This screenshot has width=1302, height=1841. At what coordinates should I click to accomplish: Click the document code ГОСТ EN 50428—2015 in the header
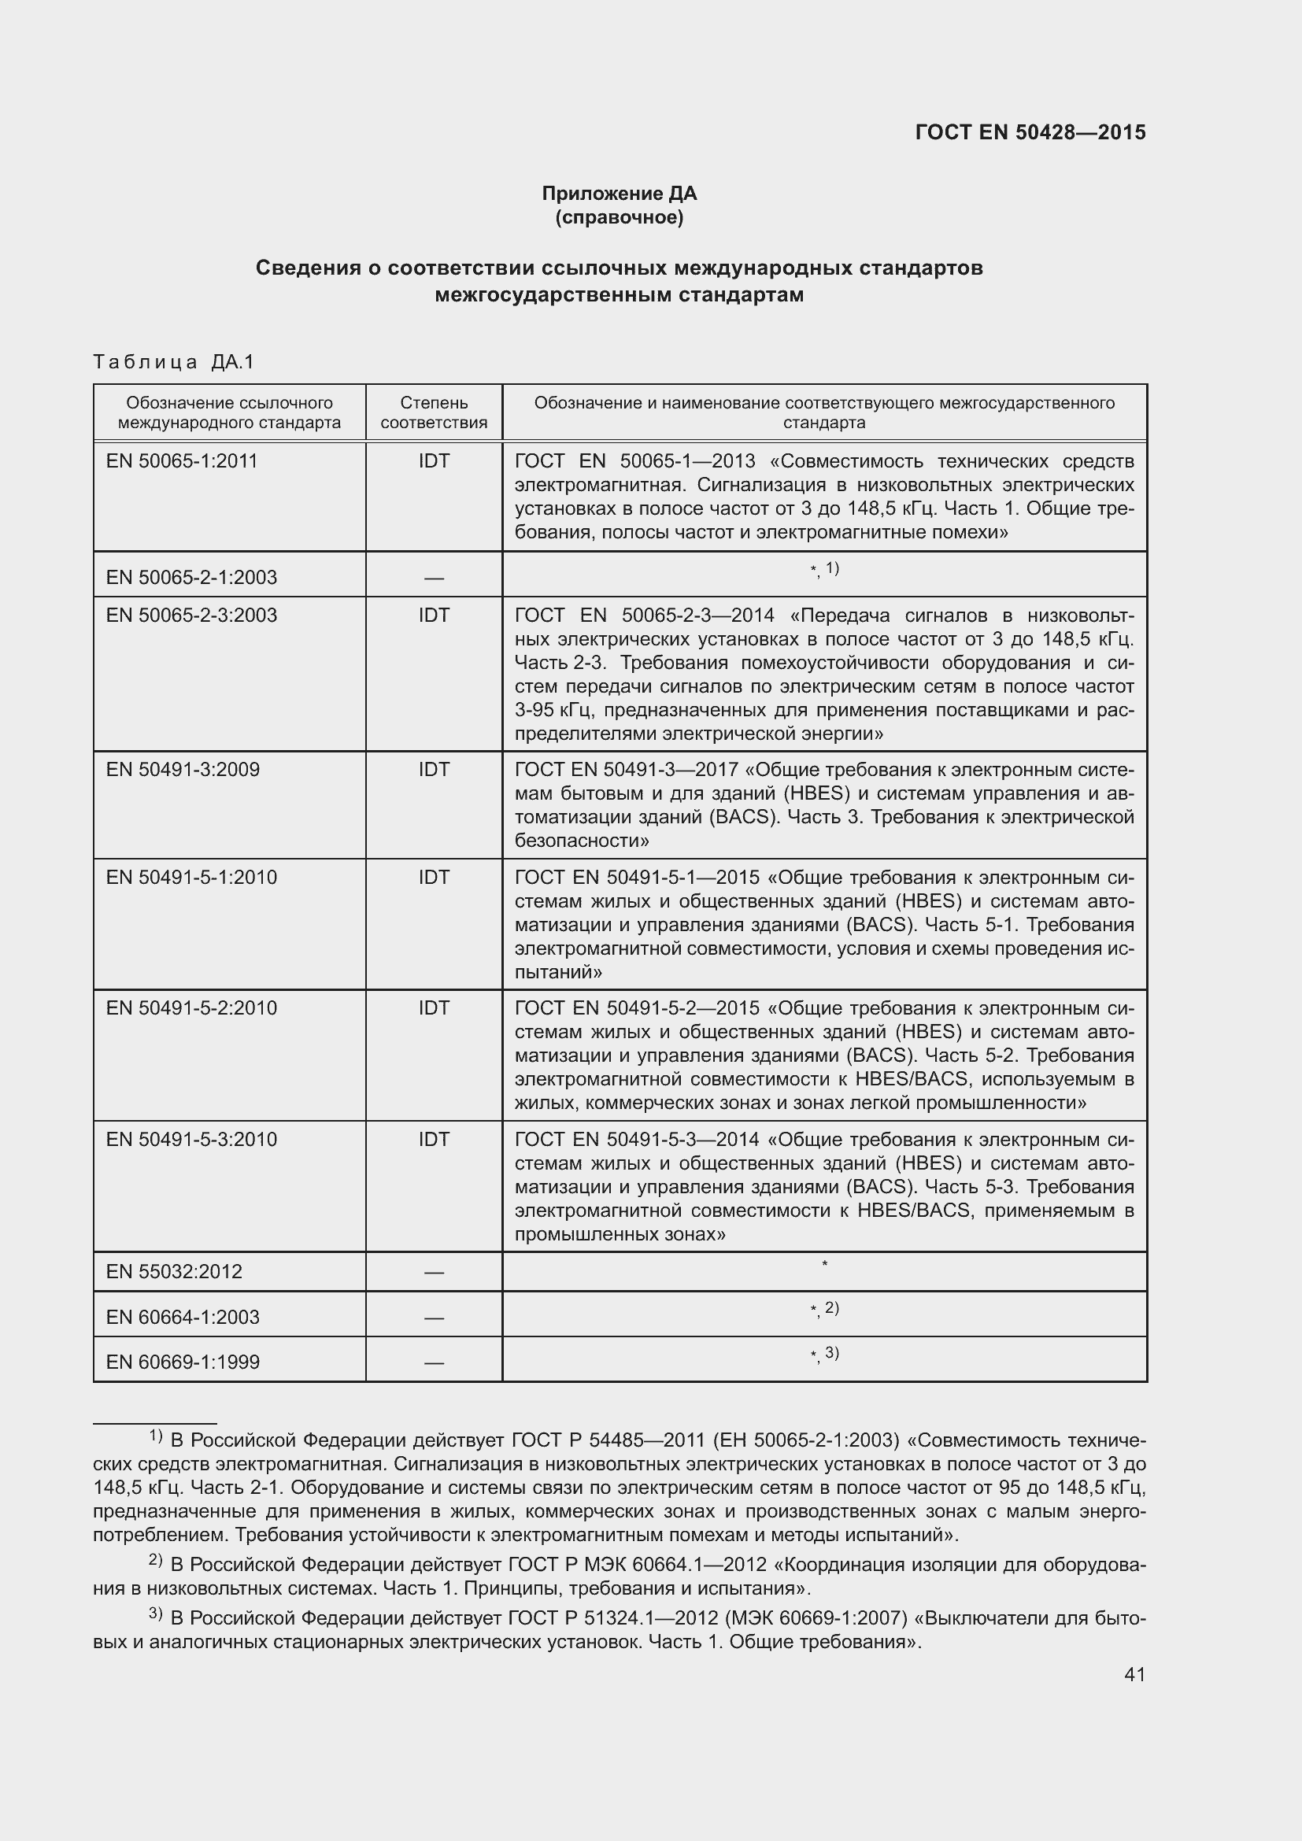click(x=1030, y=133)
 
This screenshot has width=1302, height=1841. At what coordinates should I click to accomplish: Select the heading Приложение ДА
click(x=619, y=194)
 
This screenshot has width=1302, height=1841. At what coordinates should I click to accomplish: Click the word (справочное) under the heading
click(x=619, y=218)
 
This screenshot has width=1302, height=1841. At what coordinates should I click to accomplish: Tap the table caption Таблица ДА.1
click(x=173, y=362)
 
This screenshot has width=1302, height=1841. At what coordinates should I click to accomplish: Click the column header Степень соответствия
click(x=434, y=413)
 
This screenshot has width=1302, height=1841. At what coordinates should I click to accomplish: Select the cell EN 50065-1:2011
click(x=182, y=461)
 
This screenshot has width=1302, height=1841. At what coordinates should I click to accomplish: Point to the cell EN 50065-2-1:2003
click(x=191, y=577)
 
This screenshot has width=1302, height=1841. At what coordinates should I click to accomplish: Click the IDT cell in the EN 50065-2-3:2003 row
click(x=434, y=616)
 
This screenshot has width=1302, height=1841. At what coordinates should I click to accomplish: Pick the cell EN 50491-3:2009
click(x=183, y=770)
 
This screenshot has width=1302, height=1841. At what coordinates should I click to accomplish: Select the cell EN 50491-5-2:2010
click(x=191, y=1009)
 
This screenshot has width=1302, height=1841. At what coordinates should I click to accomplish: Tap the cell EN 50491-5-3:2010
click(x=191, y=1140)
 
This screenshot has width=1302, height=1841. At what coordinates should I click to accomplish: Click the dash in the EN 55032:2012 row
click(x=434, y=1273)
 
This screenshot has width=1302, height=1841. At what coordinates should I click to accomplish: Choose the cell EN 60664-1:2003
click(x=183, y=1318)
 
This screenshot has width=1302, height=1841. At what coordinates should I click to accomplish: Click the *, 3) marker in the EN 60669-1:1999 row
click(x=824, y=1355)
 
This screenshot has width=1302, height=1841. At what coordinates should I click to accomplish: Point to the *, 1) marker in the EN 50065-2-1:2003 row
click(x=824, y=569)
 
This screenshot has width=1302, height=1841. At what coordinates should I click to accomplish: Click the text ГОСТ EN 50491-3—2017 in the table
click(x=626, y=771)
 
